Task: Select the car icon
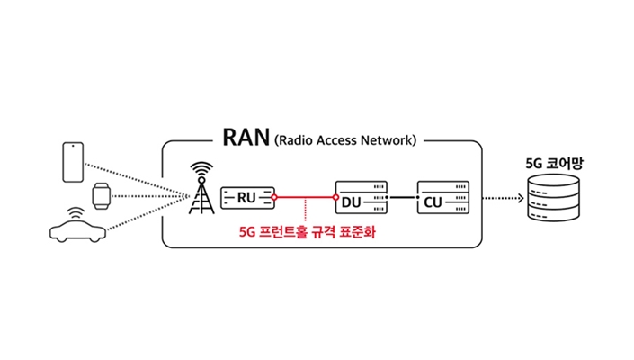pos(76,232)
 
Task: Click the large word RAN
pos(245,139)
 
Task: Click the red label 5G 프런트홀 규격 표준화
pos(307,230)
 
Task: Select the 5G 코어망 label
pos(549,164)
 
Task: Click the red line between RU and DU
pos(305,196)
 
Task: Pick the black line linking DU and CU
pos(402,196)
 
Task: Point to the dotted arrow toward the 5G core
pos(499,197)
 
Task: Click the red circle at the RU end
pos(274,196)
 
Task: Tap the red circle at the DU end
pos(335,196)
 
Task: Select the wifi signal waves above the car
pos(75,212)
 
